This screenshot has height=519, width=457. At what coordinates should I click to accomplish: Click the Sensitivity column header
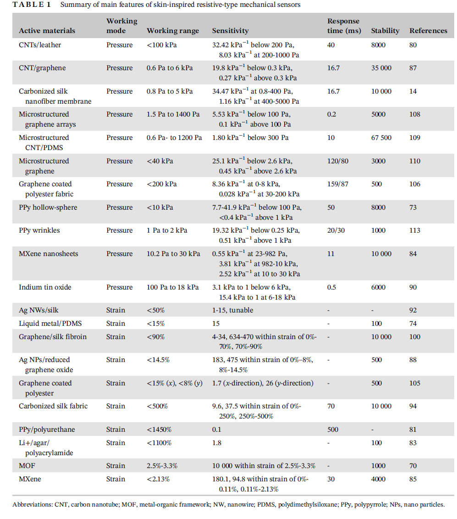(x=230, y=31)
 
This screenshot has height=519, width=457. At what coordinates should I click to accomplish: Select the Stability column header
(x=385, y=31)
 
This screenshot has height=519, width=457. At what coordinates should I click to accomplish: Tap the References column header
(x=428, y=31)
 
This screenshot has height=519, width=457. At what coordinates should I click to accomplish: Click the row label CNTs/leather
(x=40, y=45)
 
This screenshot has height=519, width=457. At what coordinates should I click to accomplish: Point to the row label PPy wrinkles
(x=39, y=230)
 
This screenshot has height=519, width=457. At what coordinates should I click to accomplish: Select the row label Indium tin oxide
(x=45, y=287)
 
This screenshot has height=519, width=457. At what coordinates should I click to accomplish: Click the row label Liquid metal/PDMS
(x=50, y=324)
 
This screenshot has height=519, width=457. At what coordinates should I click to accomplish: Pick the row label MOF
(x=27, y=466)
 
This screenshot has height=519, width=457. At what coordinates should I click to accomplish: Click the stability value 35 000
(x=381, y=68)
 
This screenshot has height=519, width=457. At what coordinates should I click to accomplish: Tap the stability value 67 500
(x=381, y=138)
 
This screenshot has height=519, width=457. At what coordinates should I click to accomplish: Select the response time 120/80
(x=338, y=161)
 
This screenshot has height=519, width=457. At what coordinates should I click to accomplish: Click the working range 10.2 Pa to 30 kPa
(x=173, y=254)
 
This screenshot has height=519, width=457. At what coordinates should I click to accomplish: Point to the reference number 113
(x=415, y=230)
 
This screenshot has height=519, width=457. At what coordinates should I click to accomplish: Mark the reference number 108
(x=415, y=114)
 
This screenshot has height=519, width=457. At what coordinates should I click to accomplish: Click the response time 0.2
(x=332, y=114)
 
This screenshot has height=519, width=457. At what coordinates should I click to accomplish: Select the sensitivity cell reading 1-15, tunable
(x=233, y=310)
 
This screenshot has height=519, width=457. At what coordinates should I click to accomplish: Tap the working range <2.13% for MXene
(x=158, y=479)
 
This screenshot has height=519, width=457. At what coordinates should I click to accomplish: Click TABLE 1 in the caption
(x=32, y=5)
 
